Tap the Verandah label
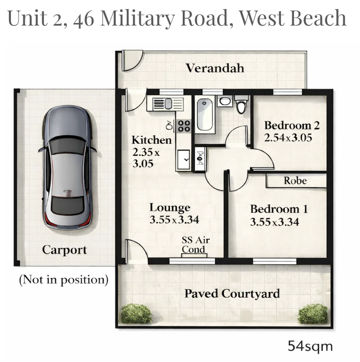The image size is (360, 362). [215, 68]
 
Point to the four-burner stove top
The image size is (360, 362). [184, 126]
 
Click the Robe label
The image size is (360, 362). [295, 181]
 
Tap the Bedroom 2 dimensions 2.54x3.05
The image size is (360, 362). [288, 137]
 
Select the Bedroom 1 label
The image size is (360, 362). [279, 209]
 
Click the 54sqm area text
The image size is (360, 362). [310, 346]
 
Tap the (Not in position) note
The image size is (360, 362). [64, 280]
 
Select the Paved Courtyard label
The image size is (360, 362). [232, 293]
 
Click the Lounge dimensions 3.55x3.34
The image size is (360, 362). [174, 220]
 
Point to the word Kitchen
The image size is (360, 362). [151, 140]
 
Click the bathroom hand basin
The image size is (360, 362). [225, 101]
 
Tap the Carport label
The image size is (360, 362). [64, 250]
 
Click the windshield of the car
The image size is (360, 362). [67, 145]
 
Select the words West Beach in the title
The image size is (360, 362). [292, 18]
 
